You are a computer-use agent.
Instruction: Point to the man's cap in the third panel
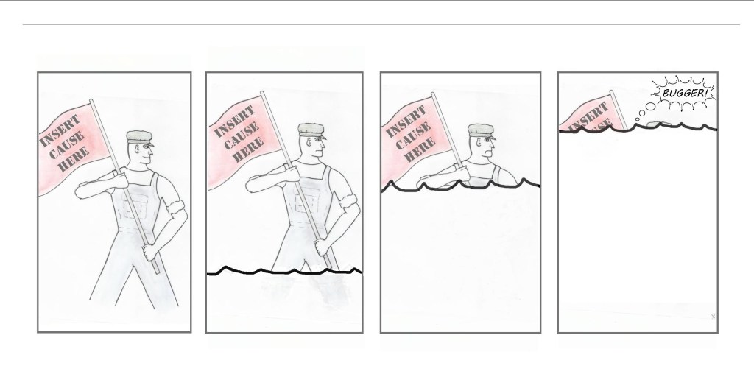pyautogui.click(x=482, y=131)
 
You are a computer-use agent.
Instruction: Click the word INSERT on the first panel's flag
pyautogui.click(x=60, y=131)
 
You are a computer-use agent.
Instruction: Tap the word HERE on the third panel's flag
pyautogui.click(x=420, y=149)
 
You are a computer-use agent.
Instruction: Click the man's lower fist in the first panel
pyautogui.click(x=150, y=252)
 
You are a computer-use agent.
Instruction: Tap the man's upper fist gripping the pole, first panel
pyautogui.click(x=119, y=179)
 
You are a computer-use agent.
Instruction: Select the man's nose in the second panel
pyautogui.click(x=323, y=144)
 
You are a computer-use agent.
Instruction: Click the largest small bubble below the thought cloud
pyautogui.click(x=651, y=106)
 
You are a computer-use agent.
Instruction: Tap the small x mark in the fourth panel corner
pyautogui.click(x=713, y=316)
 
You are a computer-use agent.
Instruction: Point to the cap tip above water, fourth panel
pyautogui.click(x=654, y=124)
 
